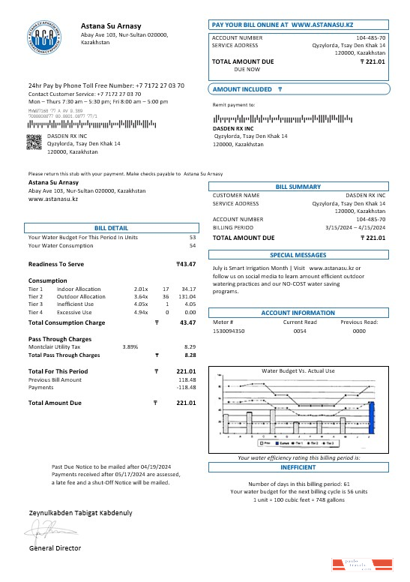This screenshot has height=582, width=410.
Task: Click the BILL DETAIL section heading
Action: pos(111,227)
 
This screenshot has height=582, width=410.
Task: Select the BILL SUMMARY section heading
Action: pos(298,186)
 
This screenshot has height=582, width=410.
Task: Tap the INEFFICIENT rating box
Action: pos(298,466)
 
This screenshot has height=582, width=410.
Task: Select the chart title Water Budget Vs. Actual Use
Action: pos(298,370)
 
